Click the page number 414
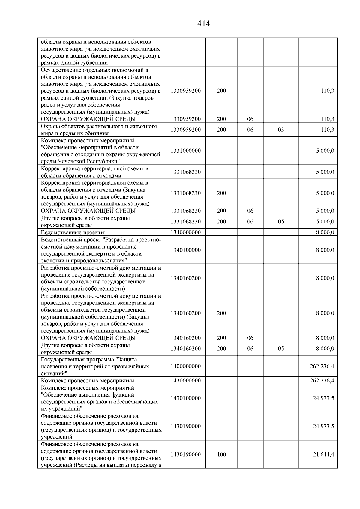tap(204, 24)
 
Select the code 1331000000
tap(186, 151)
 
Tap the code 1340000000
tap(186, 232)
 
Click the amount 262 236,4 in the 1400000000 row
tap(322, 366)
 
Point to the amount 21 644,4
tap(323, 454)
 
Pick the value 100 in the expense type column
tap(221, 454)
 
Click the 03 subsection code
tap(281, 130)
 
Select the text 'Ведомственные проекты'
tap(73, 232)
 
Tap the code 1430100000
tap(186, 398)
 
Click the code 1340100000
tap(186, 250)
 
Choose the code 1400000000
tap(186, 366)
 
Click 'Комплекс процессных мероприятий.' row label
tap(88, 381)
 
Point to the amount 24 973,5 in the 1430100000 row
tap(323, 398)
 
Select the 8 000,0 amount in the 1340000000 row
tap(325, 232)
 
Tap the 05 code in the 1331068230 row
tap(281, 222)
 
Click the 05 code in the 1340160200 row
tap(281, 349)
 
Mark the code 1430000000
tap(186, 381)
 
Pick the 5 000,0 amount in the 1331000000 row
tap(325, 151)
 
